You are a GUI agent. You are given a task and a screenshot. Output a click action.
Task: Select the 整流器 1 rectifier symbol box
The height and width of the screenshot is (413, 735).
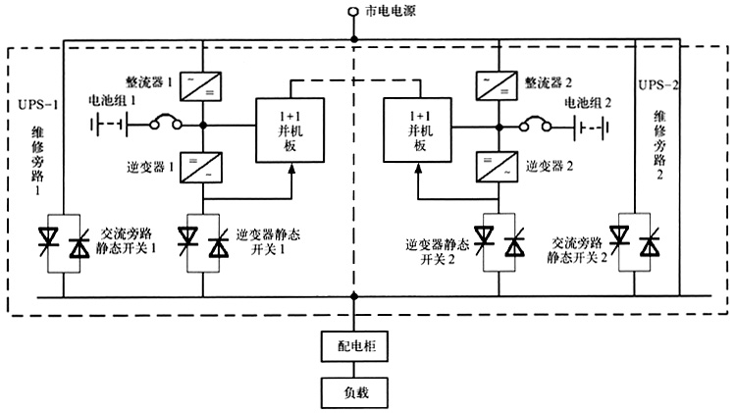coord(202,86)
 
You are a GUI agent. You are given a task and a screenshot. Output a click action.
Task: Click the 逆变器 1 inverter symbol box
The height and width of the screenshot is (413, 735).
coord(202,166)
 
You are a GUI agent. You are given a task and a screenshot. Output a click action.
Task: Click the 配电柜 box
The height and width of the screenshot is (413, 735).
coord(354,346)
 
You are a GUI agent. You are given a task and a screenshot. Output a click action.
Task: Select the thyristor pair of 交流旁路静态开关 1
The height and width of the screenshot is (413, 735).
coord(63,241)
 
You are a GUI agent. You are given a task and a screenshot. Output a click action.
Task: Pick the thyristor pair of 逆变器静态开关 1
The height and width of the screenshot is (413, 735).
coord(202,241)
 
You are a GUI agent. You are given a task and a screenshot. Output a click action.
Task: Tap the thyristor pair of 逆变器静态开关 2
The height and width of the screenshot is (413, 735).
coord(498,241)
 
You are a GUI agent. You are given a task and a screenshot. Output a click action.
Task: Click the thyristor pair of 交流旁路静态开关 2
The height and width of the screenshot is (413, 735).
coord(634,241)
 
